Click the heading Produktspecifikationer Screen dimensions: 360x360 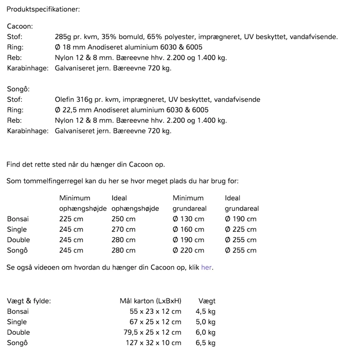click(43, 10)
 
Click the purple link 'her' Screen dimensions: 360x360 click(206, 268)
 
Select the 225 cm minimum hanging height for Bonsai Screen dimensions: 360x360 click(71, 219)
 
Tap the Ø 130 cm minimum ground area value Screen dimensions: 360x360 click(188, 219)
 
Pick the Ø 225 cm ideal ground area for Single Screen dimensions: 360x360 click(241, 229)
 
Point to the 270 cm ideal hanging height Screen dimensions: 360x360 click(123, 229)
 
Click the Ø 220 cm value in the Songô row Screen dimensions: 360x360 click(188, 250)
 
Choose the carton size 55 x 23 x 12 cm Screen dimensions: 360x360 click(155, 312)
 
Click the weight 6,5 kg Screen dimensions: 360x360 click(205, 343)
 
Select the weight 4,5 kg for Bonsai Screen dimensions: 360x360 click(205, 312)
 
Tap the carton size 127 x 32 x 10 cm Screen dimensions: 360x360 click(153, 343)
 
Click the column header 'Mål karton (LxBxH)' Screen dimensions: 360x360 click(151, 301)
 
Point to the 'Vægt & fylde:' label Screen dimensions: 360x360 click(29, 301)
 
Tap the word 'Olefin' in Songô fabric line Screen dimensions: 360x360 click(65, 100)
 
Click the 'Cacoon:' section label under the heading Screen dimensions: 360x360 click(20, 26)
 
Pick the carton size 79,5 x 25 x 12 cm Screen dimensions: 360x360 click(153, 333)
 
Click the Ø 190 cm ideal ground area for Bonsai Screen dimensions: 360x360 click(241, 219)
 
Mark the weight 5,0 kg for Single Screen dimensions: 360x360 click(205, 322)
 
